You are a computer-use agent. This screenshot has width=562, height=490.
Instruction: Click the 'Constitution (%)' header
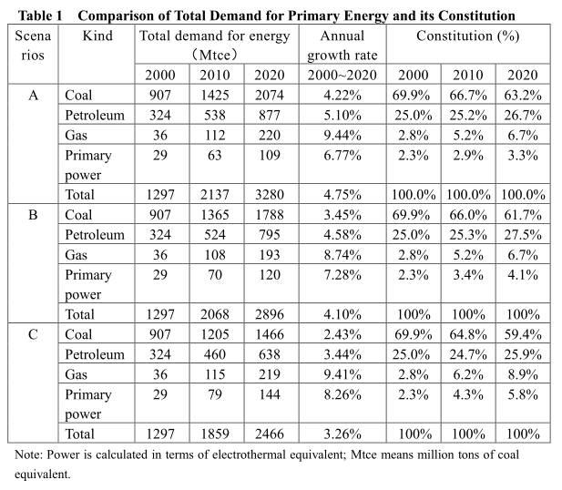pyautogui.click(x=467, y=36)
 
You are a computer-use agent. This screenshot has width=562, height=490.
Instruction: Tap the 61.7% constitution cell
pyautogui.click(x=523, y=214)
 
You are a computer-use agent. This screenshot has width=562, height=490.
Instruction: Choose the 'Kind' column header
pyautogui.click(x=97, y=36)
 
